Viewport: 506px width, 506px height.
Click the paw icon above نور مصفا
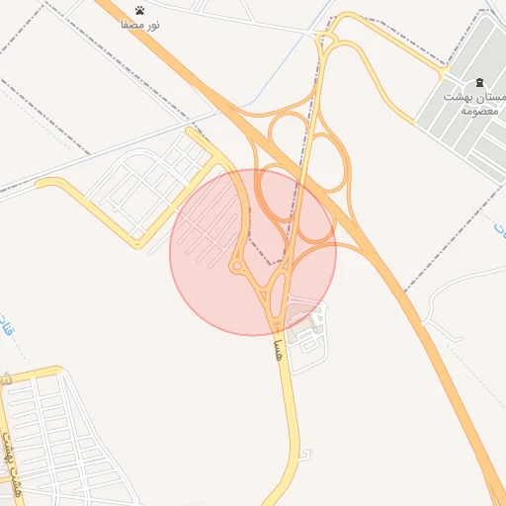(x=140, y=10)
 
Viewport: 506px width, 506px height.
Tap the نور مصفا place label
(x=140, y=23)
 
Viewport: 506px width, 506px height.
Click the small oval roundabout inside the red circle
(x=237, y=266)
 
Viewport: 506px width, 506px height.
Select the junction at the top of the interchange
(x=327, y=41)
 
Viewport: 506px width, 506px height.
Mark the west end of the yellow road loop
(x=40, y=182)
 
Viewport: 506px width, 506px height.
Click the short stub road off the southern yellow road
(x=304, y=455)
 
